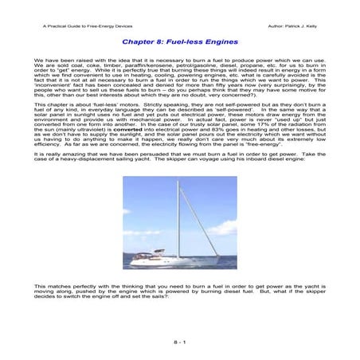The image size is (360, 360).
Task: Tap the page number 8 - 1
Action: (x=179, y=341)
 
